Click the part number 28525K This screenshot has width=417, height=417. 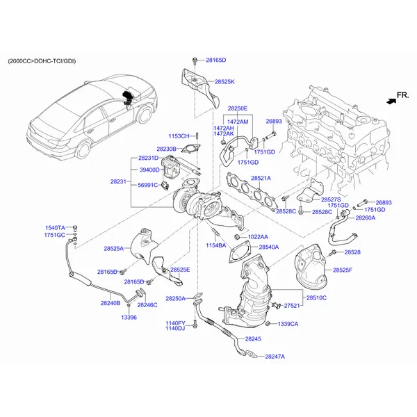(x=224, y=82)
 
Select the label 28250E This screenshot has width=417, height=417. (x=237, y=108)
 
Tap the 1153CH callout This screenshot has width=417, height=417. (x=179, y=136)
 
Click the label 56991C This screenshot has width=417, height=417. (x=149, y=186)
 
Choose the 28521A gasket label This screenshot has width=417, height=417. (x=260, y=179)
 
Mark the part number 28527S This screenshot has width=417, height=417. (x=331, y=199)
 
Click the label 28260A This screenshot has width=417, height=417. (x=365, y=218)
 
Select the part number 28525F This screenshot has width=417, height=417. (x=342, y=270)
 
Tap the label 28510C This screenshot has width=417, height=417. (x=316, y=297)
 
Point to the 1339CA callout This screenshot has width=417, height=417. (x=288, y=324)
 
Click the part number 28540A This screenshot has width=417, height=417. (x=269, y=247)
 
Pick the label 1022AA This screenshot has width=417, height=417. (x=258, y=237)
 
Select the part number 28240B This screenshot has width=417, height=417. (x=111, y=303)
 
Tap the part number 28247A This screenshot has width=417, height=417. (x=275, y=357)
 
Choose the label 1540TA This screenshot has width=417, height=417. (x=55, y=228)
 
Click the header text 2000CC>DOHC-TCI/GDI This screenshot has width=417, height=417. (x=42, y=61)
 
